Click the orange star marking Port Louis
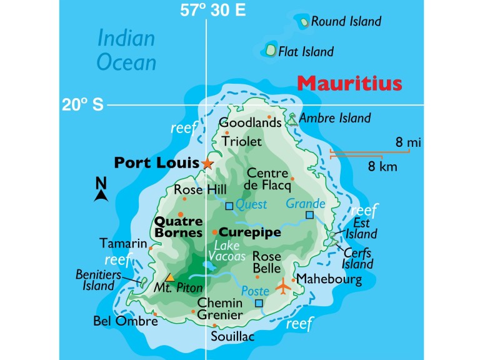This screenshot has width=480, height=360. pos(207,163)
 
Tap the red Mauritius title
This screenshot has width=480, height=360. pos(349,84)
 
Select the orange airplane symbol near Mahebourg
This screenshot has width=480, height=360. pos(284,287)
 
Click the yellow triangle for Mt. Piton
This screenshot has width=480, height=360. pos(169,277)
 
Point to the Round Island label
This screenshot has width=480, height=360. pos(346,22)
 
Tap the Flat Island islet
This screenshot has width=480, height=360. pos(271,49)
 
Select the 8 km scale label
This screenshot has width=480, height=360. pos(382,166)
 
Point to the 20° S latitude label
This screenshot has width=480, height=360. pos(82,105)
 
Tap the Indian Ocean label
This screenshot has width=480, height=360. pos(126,50)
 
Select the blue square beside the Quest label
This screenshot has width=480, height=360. pos(229,206)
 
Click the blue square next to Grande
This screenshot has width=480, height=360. pos(309,215)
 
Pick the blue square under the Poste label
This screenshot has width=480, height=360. pos(259,303)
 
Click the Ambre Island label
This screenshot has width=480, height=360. pos(335,117)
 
